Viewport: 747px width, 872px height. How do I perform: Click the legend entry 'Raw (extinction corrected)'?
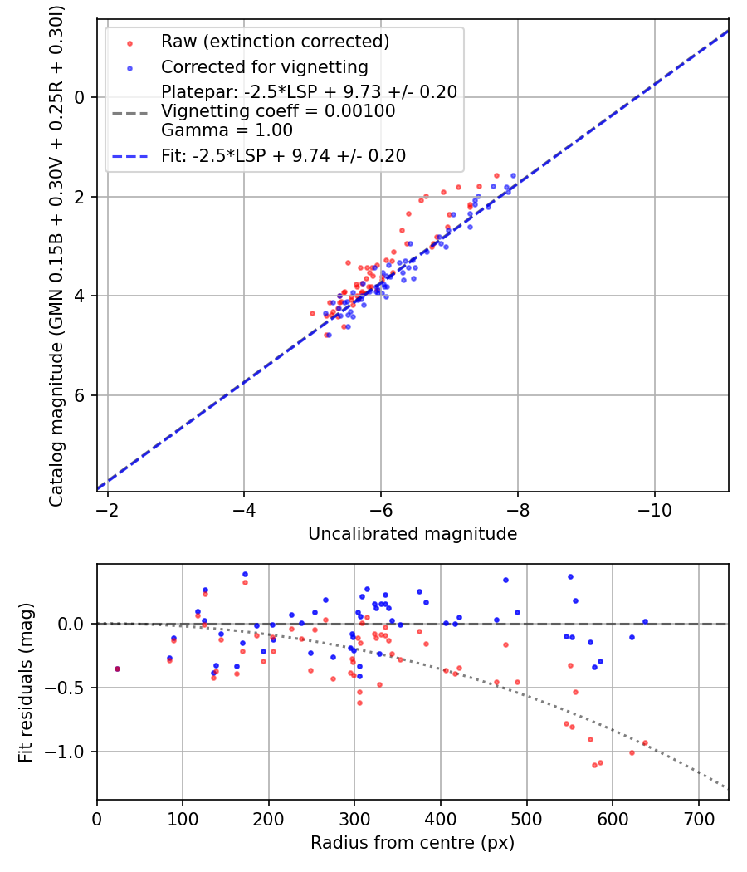[275, 42]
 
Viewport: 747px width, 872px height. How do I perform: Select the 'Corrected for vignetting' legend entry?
[264, 67]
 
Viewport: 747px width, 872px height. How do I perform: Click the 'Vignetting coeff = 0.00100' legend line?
[278, 111]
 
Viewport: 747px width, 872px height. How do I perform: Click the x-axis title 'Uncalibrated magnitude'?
[413, 534]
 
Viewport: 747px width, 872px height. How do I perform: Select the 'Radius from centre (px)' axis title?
[413, 843]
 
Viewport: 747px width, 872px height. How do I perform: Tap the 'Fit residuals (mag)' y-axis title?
[26, 682]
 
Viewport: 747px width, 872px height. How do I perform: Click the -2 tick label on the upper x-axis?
[107, 506]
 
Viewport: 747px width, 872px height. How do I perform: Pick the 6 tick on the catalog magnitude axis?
[81, 395]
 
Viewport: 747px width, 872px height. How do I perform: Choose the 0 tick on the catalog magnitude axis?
[81, 97]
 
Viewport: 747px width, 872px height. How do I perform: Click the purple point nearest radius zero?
[117, 669]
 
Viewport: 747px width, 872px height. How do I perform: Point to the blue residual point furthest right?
[645, 621]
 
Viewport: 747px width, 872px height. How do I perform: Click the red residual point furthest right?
[645, 743]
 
